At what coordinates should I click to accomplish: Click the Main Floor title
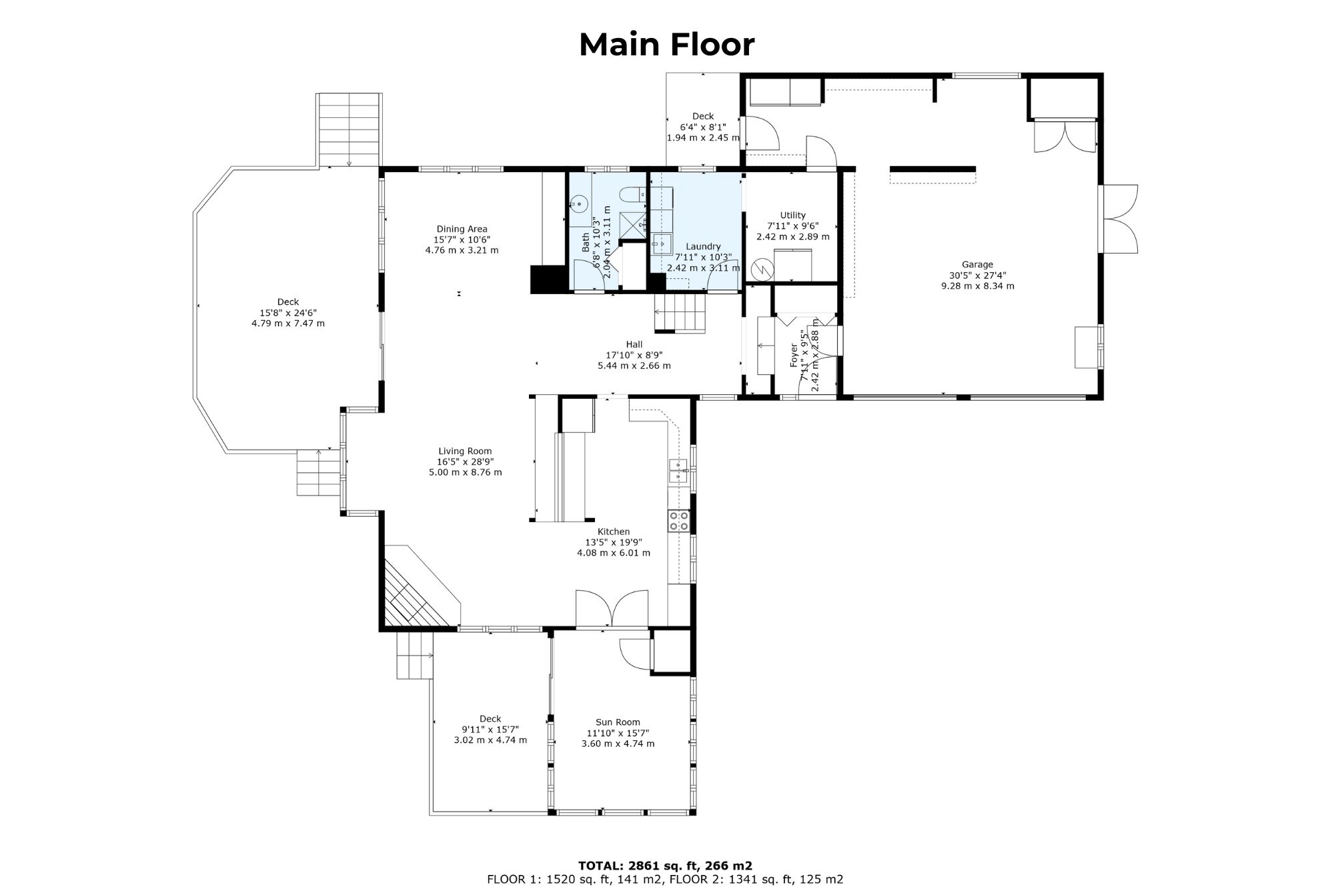click(x=667, y=45)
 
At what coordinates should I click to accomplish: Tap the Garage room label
click(x=977, y=265)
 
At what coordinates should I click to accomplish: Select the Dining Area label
click(x=462, y=229)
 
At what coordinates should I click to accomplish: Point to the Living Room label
click(x=465, y=451)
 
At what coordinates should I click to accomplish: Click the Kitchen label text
click(x=614, y=532)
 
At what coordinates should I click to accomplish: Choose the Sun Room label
click(x=618, y=722)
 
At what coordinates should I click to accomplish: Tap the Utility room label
click(x=793, y=215)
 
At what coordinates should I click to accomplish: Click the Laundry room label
click(x=703, y=247)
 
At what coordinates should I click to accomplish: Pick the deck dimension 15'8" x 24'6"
click(x=288, y=313)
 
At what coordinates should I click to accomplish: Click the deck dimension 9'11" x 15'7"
click(x=490, y=730)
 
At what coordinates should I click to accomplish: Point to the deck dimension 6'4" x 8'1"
click(x=703, y=127)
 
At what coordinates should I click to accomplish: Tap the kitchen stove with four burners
click(x=679, y=521)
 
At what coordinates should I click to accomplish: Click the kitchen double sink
click(x=679, y=470)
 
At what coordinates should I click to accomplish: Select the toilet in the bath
click(x=631, y=194)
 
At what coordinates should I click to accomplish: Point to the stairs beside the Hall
click(x=680, y=312)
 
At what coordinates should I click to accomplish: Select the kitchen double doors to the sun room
click(x=612, y=609)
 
